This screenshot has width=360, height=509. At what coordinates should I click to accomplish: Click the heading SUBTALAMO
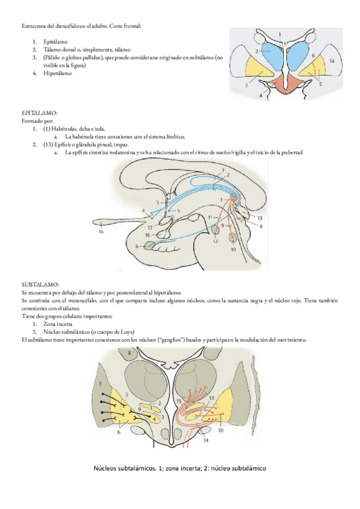40,283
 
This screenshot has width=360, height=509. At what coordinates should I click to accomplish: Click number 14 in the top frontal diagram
332,61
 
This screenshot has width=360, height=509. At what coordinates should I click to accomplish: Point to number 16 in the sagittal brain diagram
101,232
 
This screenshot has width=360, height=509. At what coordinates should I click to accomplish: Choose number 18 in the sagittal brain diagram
146,235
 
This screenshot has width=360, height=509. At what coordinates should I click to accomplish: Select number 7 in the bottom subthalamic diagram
101,384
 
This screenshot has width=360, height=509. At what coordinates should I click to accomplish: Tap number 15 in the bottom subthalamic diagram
179,401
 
